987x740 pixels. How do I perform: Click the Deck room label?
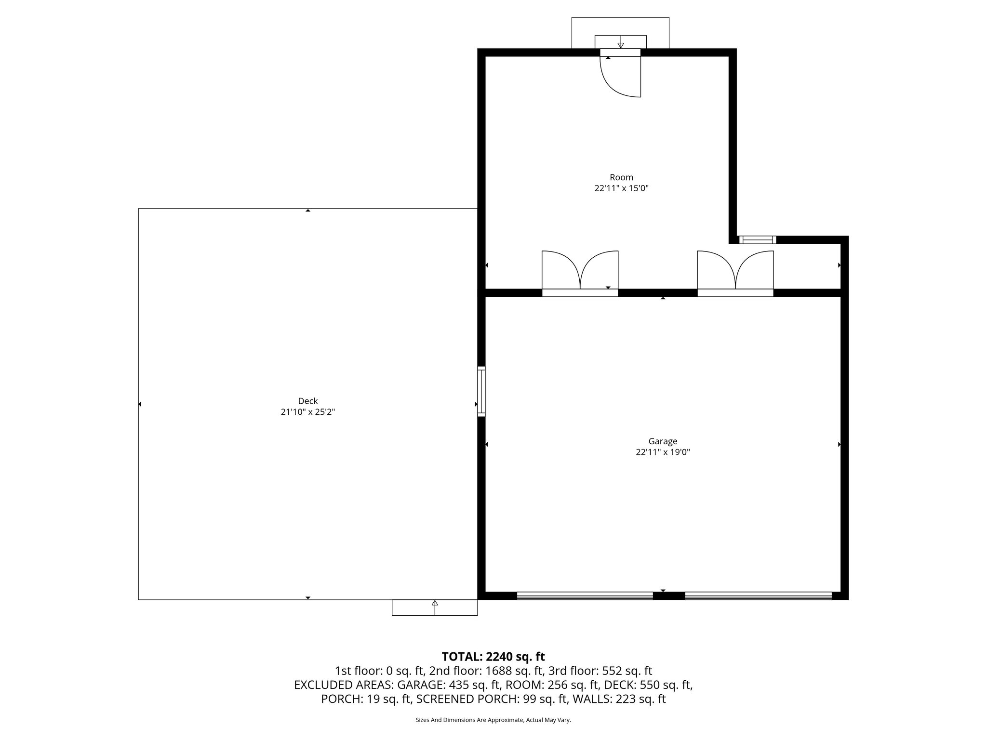click(307, 401)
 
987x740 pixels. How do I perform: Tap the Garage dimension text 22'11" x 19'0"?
click(663, 452)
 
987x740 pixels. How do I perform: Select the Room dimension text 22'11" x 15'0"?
click(621, 188)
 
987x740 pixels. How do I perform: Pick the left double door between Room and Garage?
click(580, 273)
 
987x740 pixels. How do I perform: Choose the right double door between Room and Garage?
click(735, 273)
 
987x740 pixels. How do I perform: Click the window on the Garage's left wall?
click(481, 391)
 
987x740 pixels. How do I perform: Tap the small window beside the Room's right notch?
click(758, 239)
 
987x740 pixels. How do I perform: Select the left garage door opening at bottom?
click(585, 595)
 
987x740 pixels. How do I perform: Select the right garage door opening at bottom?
click(758, 595)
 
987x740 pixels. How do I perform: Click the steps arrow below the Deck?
click(435, 608)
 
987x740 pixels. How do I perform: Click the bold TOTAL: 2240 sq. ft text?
click(493, 657)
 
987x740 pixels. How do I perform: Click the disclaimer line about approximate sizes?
click(493, 720)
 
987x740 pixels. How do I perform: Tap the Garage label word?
click(663, 441)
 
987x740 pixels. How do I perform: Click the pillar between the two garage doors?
click(669, 596)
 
